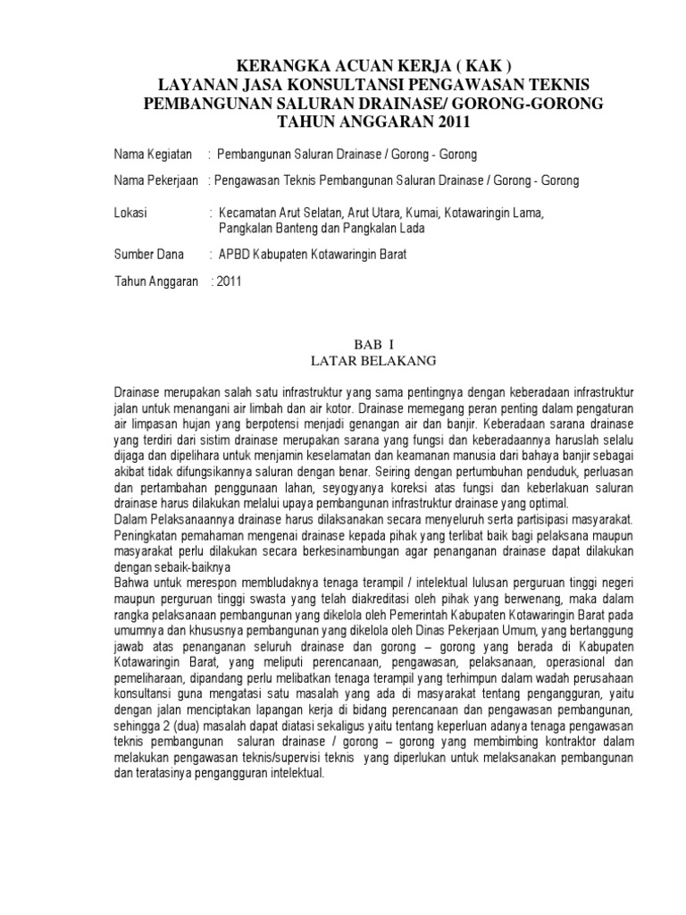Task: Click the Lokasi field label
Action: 131,214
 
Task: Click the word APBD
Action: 236,255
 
